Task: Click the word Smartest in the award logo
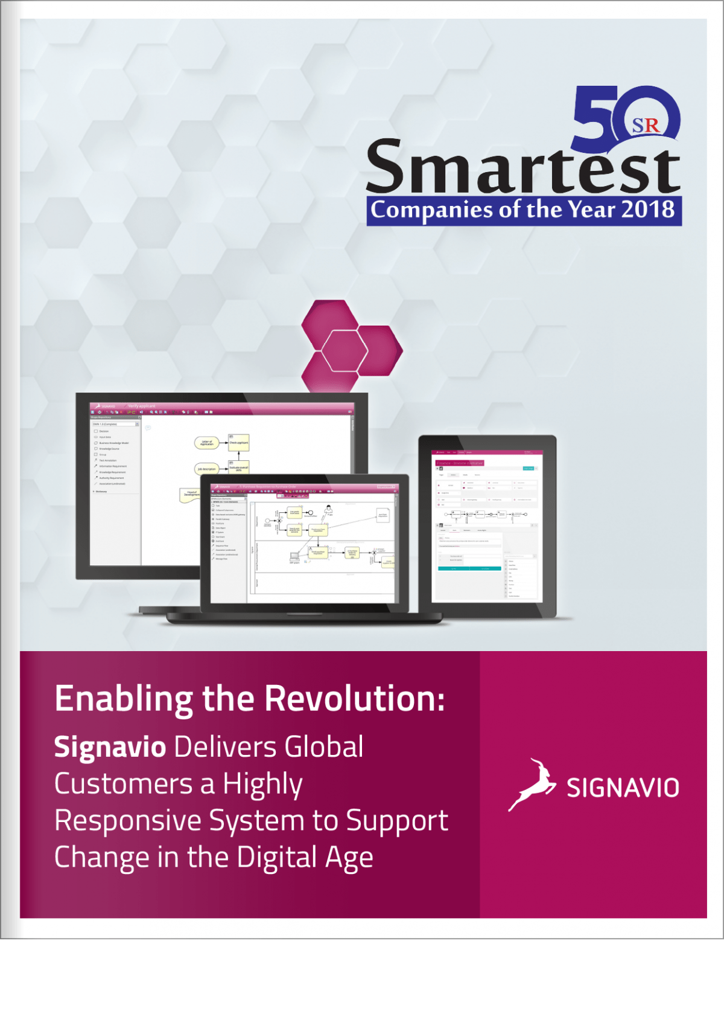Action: click(x=522, y=167)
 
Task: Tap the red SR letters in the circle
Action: click(x=646, y=125)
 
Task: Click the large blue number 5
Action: click(x=594, y=118)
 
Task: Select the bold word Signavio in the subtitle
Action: click(x=110, y=747)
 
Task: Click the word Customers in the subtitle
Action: click(x=124, y=784)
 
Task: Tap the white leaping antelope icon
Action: click(x=532, y=785)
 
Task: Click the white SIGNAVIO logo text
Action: click(x=623, y=788)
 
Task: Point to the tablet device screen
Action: click(x=487, y=525)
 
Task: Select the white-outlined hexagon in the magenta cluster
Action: click(x=345, y=350)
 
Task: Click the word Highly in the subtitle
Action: click(x=262, y=785)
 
